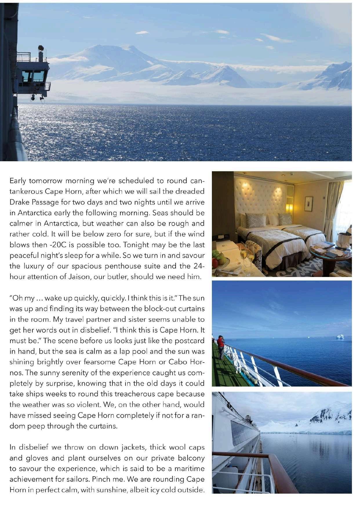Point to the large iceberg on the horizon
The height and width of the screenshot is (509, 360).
[x=339, y=337]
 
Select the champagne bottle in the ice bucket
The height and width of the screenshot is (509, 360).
[x=349, y=232]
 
